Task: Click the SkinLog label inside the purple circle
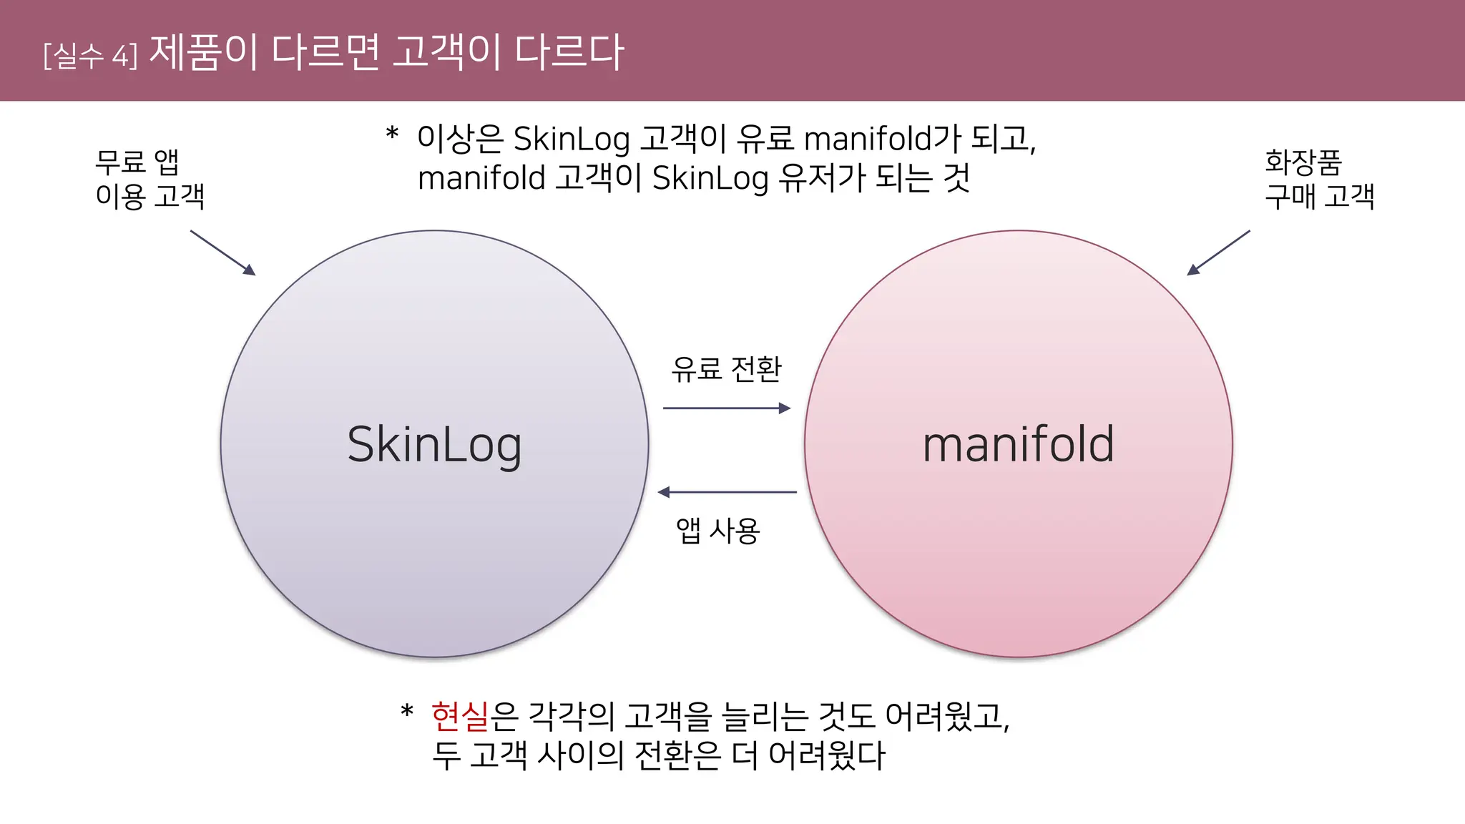(x=434, y=445)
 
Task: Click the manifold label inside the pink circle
(x=1018, y=445)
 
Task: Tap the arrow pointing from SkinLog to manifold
(x=726, y=408)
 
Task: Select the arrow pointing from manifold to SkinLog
(x=727, y=492)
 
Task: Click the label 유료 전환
(x=726, y=369)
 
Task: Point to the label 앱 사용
(x=717, y=530)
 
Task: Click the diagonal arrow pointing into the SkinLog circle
(x=222, y=252)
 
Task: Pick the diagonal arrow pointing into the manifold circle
(x=1218, y=252)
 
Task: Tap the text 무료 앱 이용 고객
(x=150, y=179)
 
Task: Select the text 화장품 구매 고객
(x=1319, y=179)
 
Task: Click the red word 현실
(x=460, y=716)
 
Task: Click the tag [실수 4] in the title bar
(x=90, y=55)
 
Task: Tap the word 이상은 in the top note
(x=460, y=139)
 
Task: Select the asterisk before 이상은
(x=392, y=134)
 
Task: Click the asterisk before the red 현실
(x=407, y=712)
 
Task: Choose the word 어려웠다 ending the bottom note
(x=827, y=755)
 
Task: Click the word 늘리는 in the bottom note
(x=765, y=716)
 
